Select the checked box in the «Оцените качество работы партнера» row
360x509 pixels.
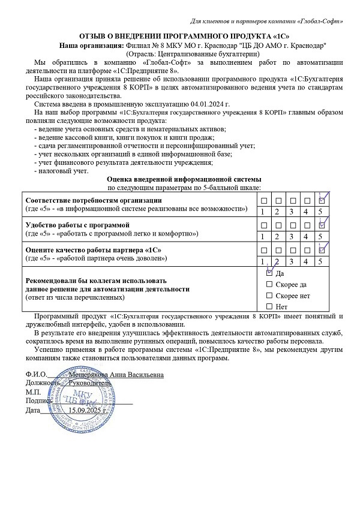(x=322, y=249)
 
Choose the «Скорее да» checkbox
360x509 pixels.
(x=269, y=284)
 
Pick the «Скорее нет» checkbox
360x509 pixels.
(x=269, y=296)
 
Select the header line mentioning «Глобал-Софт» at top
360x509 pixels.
(x=266, y=22)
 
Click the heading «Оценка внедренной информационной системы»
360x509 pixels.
(x=184, y=179)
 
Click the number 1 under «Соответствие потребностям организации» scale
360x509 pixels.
(x=263, y=212)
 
